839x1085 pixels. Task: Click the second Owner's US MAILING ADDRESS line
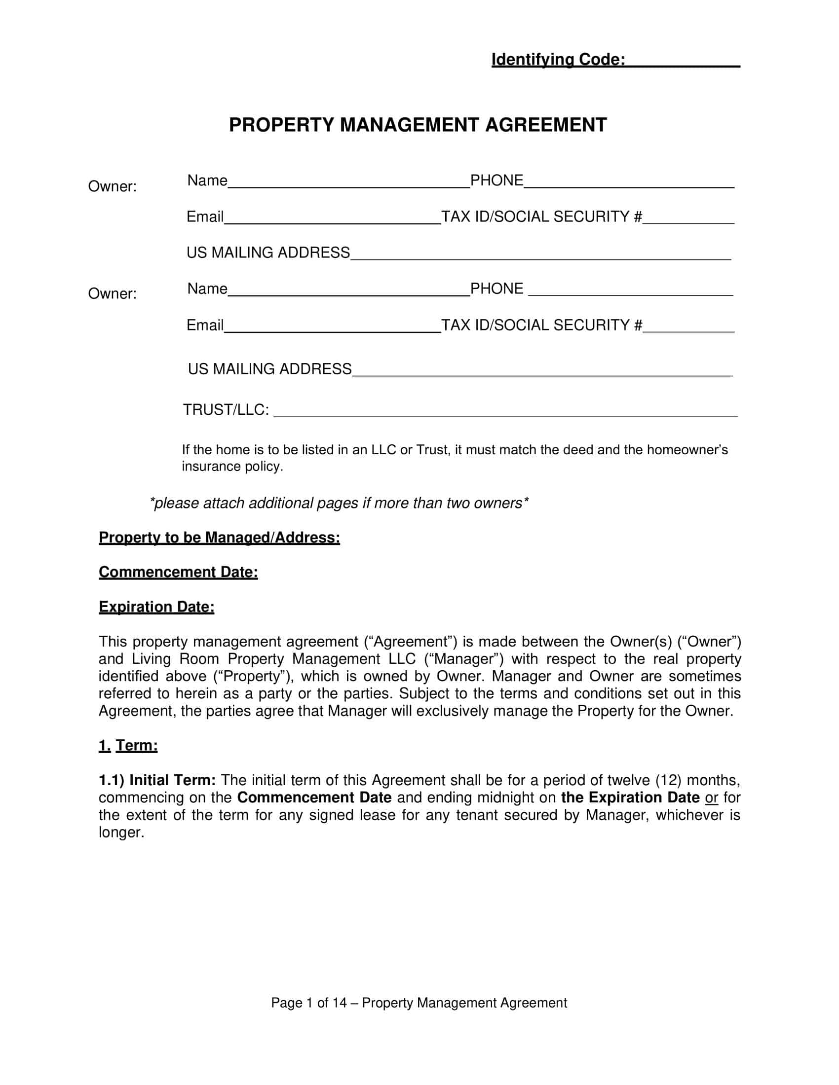pyautogui.click(x=542, y=370)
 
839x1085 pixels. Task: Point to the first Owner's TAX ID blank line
pyautogui.click(x=688, y=218)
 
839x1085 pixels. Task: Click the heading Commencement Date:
pyautogui.click(x=178, y=572)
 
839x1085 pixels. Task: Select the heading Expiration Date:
pyautogui.click(x=156, y=607)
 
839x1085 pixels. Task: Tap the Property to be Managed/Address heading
pyautogui.click(x=219, y=538)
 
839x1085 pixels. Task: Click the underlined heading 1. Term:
pyautogui.click(x=128, y=746)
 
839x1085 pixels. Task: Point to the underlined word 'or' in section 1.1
pyautogui.click(x=711, y=798)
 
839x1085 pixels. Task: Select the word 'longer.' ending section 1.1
pyautogui.click(x=121, y=832)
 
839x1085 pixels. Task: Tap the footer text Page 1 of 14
pyautogui.click(x=308, y=1003)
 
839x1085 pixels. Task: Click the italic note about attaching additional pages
pyautogui.click(x=339, y=503)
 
